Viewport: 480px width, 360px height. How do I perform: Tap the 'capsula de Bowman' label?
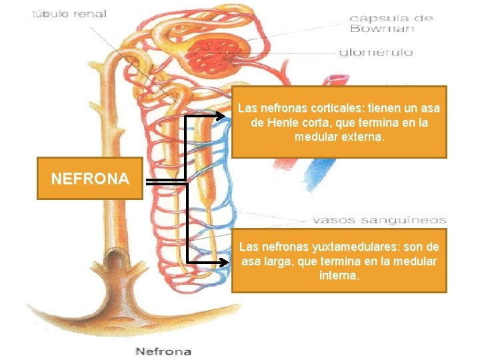coord(391,23)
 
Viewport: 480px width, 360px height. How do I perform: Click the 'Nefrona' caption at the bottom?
coord(163,351)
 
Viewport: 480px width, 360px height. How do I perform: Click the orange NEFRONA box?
coord(90,179)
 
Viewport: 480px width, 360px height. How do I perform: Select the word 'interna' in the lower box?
coord(339,275)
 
